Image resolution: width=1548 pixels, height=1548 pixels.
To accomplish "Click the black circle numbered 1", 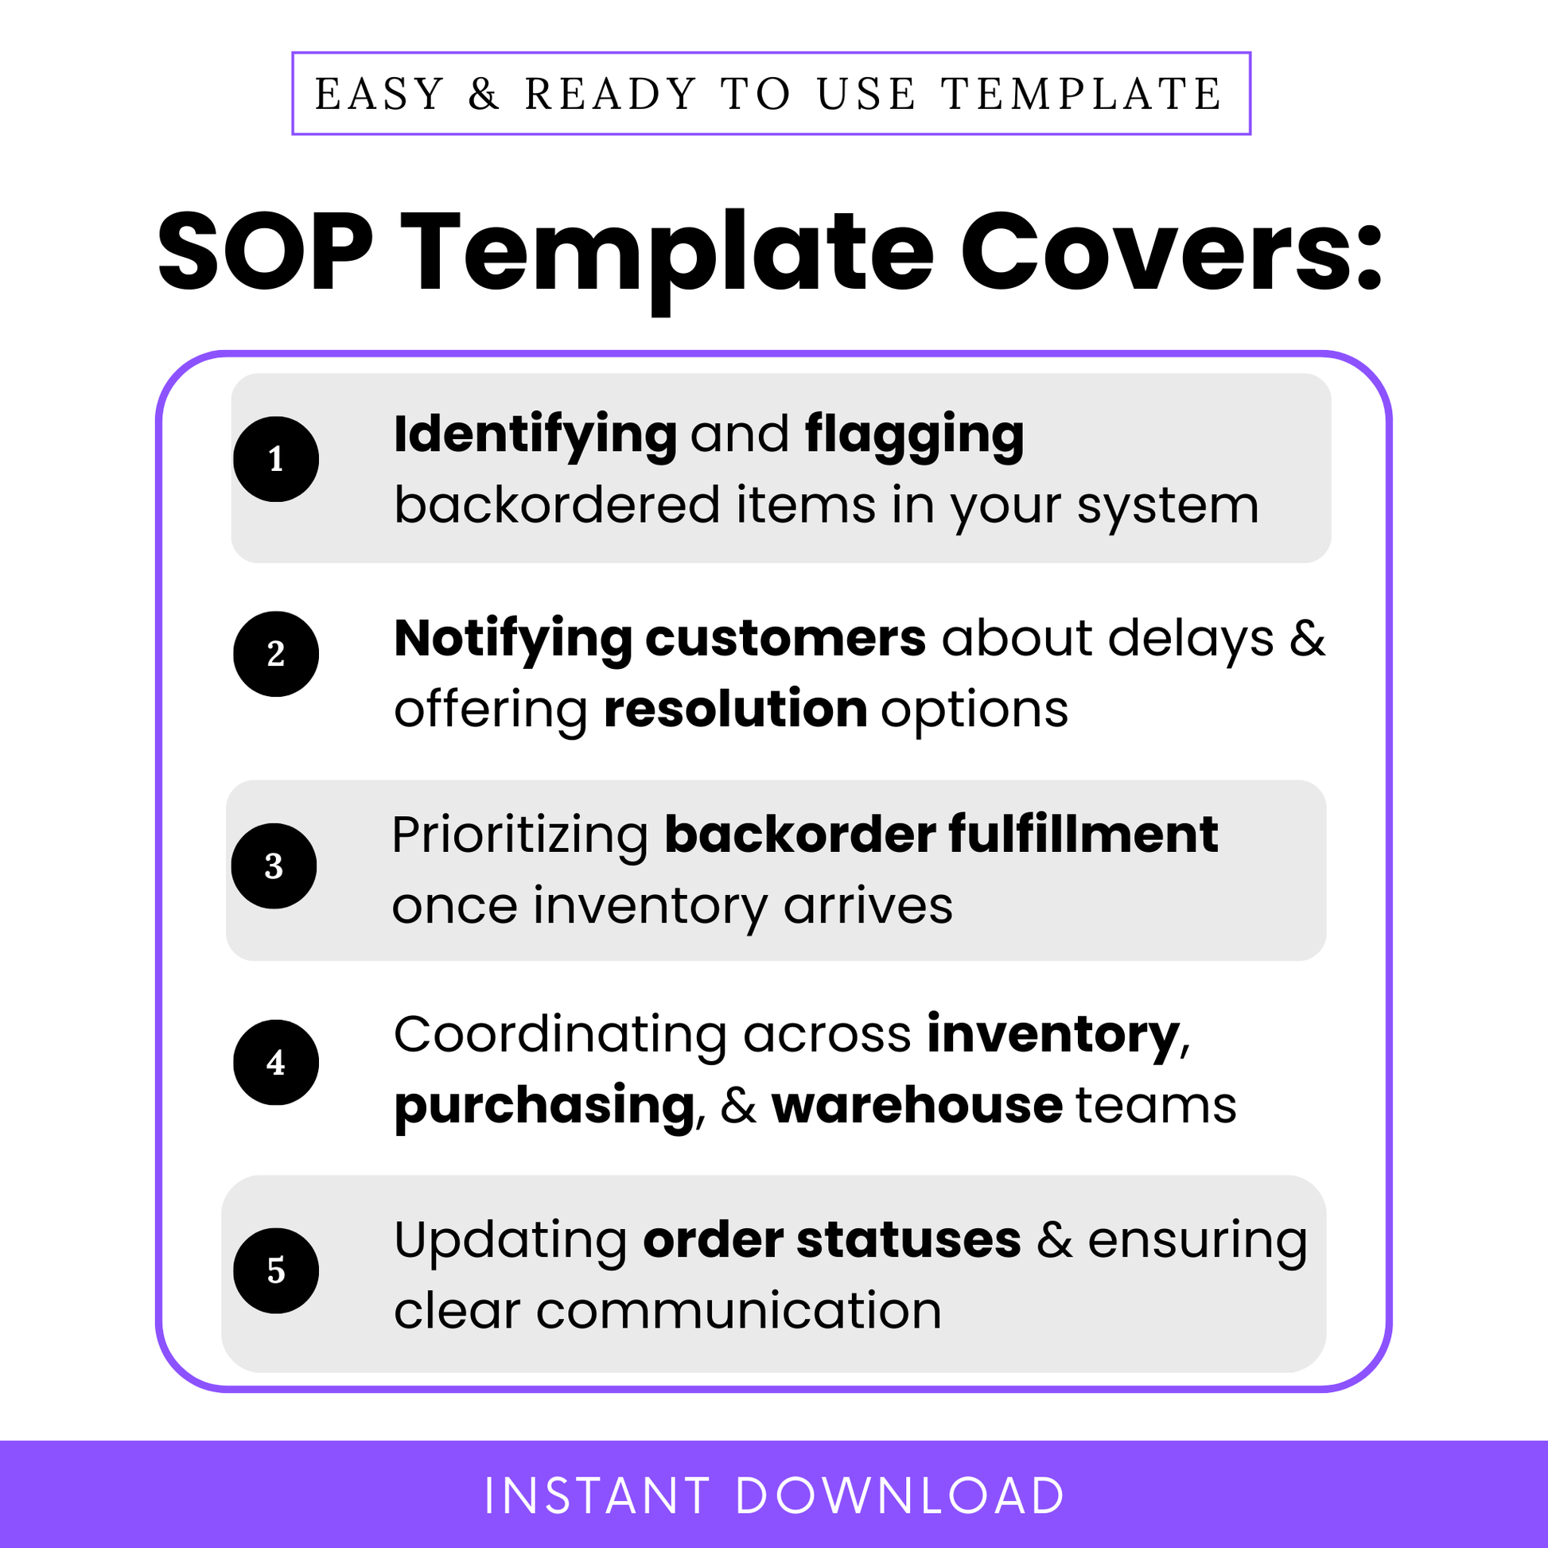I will pyautogui.click(x=275, y=459).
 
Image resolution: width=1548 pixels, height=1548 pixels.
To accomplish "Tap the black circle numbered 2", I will pyautogui.click(x=275, y=654).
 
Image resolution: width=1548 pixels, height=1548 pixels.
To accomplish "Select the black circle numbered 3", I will pyautogui.click(x=274, y=866).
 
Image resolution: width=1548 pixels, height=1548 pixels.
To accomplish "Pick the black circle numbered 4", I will pyautogui.click(x=275, y=1063).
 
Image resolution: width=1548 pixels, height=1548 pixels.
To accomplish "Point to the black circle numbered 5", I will pyautogui.click(x=275, y=1270).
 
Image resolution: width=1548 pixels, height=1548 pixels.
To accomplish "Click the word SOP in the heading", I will pyautogui.click(x=265, y=252).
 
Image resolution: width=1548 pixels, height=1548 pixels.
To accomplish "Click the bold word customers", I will pyautogui.click(x=785, y=640).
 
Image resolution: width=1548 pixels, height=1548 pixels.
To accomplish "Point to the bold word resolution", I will pyautogui.click(x=735, y=710).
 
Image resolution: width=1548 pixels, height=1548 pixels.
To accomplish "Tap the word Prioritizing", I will pyautogui.click(x=520, y=835).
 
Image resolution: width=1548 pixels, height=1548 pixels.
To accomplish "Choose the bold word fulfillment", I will pyautogui.click(x=1083, y=835).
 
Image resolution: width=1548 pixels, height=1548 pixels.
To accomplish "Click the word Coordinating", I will pyautogui.click(x=559, y=1034).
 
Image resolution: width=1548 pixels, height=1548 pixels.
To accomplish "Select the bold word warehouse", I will pyautogui.click(x=916, y=1107).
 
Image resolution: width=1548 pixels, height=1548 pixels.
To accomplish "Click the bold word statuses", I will pyautogui.click(x=908, y=1241).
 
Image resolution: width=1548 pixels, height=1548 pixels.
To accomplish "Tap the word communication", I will pyautogui.click(x=738, y=1312).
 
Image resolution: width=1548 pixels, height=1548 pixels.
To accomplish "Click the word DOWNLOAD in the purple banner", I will pyautogui.click(x=899, y=1496).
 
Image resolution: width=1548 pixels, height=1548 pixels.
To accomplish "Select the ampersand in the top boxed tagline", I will pyautogui.click(x=484, y=95).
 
